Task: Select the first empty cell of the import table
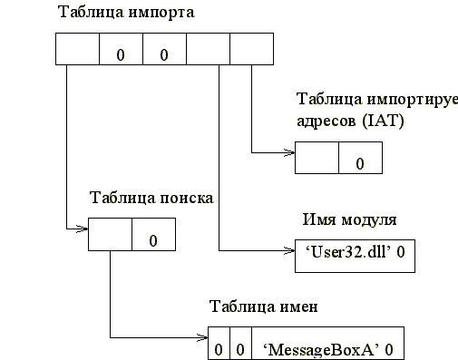point(77,48)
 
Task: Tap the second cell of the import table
point(120,48)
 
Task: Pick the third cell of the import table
point(164,48)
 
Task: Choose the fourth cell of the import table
point(208,48)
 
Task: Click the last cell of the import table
point(251,48)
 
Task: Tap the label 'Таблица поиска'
point(151,197)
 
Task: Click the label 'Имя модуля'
point(348,219)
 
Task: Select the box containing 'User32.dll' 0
point(355,254)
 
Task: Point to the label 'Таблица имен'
point(263,305)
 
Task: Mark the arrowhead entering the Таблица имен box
point(203,338)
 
